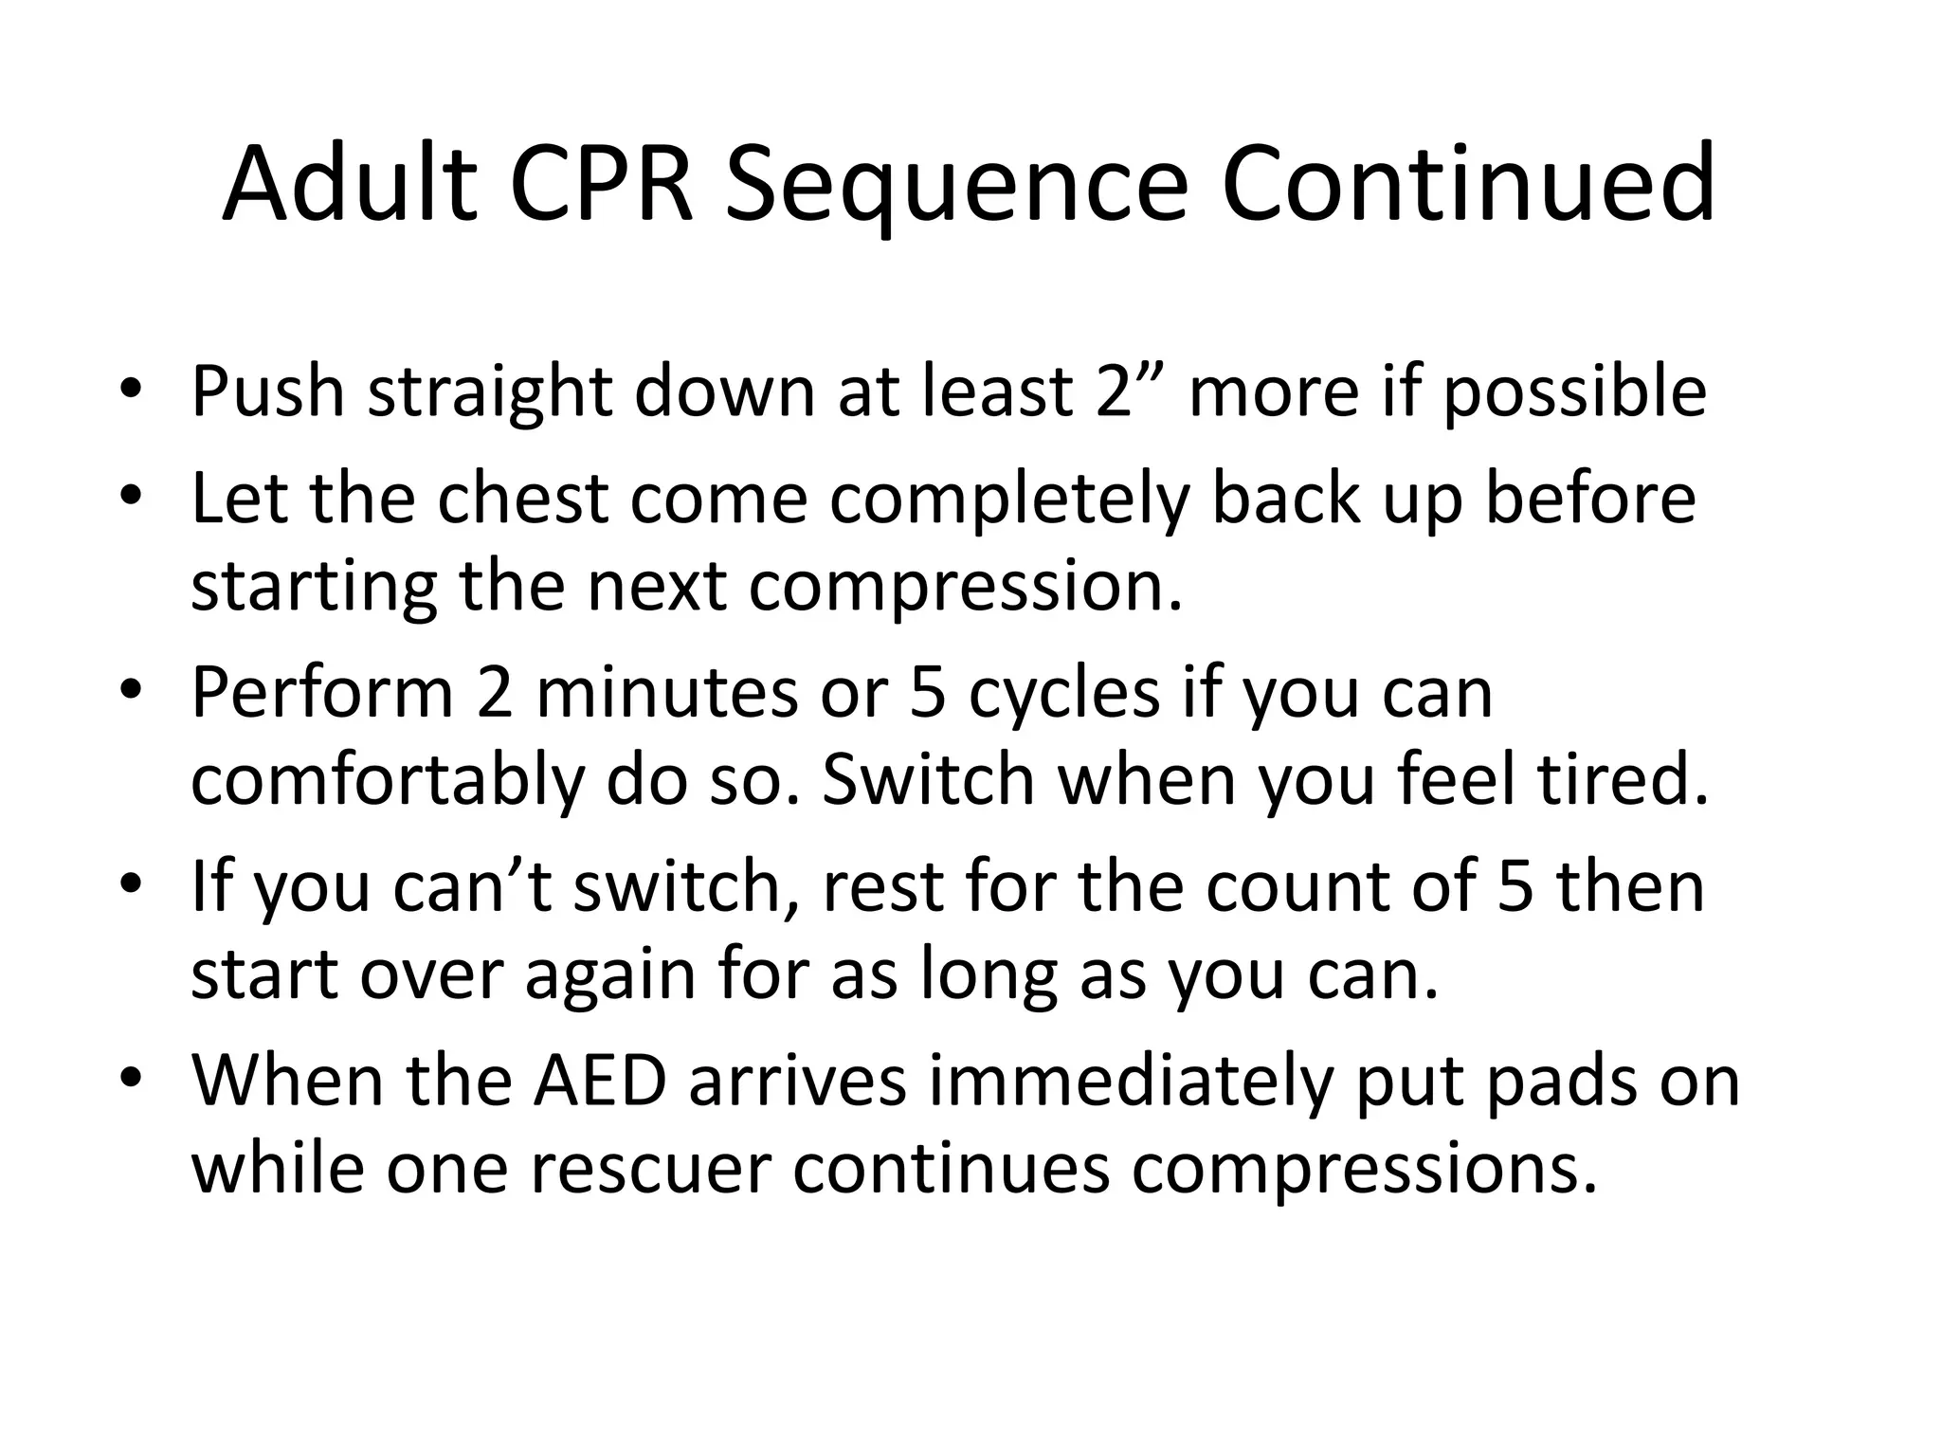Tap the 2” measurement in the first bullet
click(x=1130, y=390)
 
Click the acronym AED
click(x=600, y=1082)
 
